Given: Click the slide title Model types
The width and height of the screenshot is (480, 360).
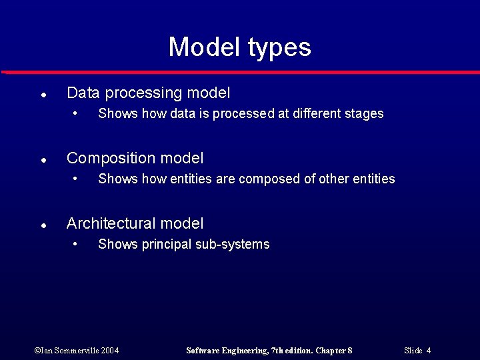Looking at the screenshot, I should pos(239,47).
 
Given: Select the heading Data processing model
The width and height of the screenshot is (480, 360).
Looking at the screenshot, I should pos(148,93).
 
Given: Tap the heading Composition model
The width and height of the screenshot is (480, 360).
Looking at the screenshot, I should pos(135,159).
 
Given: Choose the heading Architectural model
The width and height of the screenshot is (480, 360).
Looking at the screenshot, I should pos(135,224).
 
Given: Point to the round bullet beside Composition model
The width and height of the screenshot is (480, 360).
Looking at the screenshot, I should pos(42,161).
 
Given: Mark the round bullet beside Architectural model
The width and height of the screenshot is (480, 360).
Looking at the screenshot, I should pos(42,226).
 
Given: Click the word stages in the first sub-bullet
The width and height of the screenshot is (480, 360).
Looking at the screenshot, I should pos(364,114).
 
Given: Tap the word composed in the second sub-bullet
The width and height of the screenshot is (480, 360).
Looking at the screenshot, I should pos(270,179).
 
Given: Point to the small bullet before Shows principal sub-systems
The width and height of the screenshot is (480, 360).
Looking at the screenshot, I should pos(77,243).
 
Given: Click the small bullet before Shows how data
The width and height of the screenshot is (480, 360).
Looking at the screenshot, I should pos(77,113).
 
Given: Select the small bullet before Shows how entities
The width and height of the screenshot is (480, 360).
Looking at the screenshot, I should pos(77,178).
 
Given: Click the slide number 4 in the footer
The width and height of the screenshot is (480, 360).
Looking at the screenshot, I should pos(429,351).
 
